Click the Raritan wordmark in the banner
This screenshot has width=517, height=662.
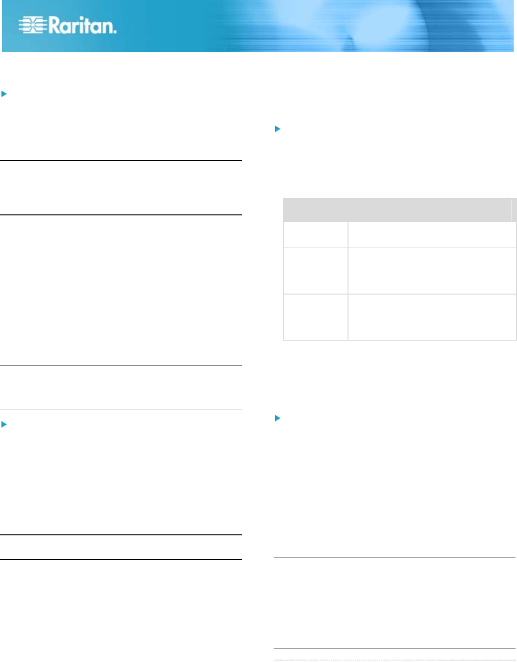point(82,25)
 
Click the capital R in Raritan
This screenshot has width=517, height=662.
point(55,25)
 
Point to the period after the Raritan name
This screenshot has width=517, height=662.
point(115,32)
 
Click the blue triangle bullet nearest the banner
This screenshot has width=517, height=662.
point(4,94)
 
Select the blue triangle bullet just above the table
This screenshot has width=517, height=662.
point(277,129)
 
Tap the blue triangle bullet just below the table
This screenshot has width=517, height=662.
point(277,418)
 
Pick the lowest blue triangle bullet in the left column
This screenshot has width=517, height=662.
point(4,425)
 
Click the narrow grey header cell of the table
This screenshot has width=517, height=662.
point(313,210)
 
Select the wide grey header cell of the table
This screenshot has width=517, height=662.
point(427,210)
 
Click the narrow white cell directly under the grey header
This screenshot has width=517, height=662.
point(315,235)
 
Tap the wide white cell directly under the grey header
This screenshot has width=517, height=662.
point(432,235)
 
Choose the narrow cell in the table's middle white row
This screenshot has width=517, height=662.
point(315,271)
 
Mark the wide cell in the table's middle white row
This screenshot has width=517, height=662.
point(432,271)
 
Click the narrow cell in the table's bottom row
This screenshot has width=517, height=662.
point(315,317)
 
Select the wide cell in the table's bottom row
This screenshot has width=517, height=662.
point(432,317)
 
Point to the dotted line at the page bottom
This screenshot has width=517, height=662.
point(394,660)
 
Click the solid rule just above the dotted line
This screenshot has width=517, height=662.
point(394,649)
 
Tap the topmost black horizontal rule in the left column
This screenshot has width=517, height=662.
point(120,161)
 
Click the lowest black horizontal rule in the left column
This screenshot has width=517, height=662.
point(120,559)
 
